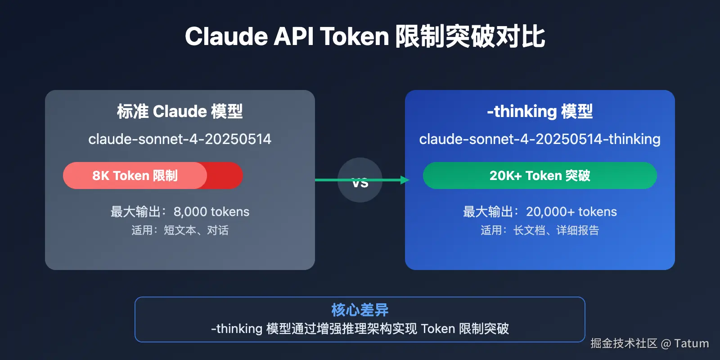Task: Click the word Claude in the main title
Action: [x=226, y=36]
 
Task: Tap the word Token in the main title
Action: [x=355, y=36]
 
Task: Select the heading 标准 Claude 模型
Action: [x=180, y=111]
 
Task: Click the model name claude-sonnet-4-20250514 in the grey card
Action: [x=180, y=139]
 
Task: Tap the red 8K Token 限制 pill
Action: [x=135, y=175]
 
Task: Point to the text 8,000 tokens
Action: [x=211, y=211]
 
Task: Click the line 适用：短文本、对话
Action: [x=180, y=230]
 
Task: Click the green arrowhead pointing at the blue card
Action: [x=405, y=180]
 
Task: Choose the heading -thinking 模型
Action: [x=540, y=111]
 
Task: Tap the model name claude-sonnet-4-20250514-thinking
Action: [x=540, y=139]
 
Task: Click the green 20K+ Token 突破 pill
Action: [x=540, y=175]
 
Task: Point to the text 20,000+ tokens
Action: [x=571, y=211]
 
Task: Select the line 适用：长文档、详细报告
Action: [x=540, y=230]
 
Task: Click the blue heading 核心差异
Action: [x=360, y=310]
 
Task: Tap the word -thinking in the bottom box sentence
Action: [x=237, y=329]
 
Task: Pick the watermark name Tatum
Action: [x=692, y=344]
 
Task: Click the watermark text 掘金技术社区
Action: [x=624, y=344]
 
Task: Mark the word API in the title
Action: [x=293, y=36]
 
